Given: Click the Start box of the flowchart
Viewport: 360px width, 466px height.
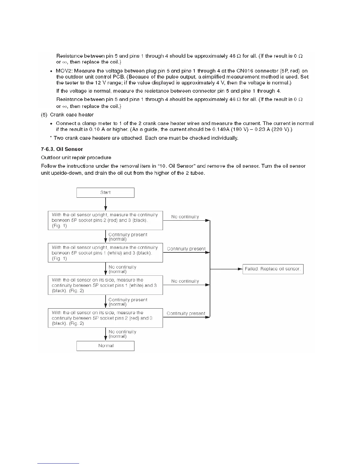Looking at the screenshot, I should pyautogui.click(x=105, y=193).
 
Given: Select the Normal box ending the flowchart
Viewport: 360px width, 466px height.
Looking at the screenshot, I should pyautogui.click(x=105, y=346).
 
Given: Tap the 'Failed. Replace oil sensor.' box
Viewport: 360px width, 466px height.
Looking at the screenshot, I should pyautogui.click(x=273, y=269).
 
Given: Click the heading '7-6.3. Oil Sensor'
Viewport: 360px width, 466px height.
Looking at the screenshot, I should pyautogui.click(x=62, y=149).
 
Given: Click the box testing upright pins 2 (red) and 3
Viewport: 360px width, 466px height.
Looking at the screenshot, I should pyautogui.click(x=105, y=220).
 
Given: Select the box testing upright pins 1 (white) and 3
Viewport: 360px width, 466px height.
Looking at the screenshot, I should pyautogui.click(x=105, y=253).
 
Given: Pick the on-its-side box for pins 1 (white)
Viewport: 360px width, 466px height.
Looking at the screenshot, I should pyautogui.click(x=105, y=285).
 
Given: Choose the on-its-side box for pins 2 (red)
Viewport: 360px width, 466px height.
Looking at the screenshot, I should pyautogui.click(x=105, y=318).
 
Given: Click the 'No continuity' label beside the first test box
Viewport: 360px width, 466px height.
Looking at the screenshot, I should pyautogui.click(x=185, y=217).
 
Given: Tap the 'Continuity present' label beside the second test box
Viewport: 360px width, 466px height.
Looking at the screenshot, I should pyautogui.click(x=186, y=249).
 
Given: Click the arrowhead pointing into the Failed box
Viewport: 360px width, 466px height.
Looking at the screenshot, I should pyautogui.click(x=240, y=269).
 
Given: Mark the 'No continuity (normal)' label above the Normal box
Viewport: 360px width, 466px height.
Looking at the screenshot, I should pyautogui.click(x=122, y=334).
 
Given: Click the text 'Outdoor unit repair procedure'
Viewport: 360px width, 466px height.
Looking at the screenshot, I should pyautogui.click(x=76, y=158).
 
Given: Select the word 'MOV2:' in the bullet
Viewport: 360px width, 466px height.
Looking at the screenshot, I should pyautogui.click(x=64, y=71).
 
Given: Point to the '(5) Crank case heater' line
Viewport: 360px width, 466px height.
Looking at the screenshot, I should pyautogui.click(x=67, y=115).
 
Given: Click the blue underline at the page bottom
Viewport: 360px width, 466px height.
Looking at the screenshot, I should pyautogui.click(x=58, y=463).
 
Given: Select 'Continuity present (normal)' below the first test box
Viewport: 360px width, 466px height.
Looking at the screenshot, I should pyautogui.click(x=128, y=237).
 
